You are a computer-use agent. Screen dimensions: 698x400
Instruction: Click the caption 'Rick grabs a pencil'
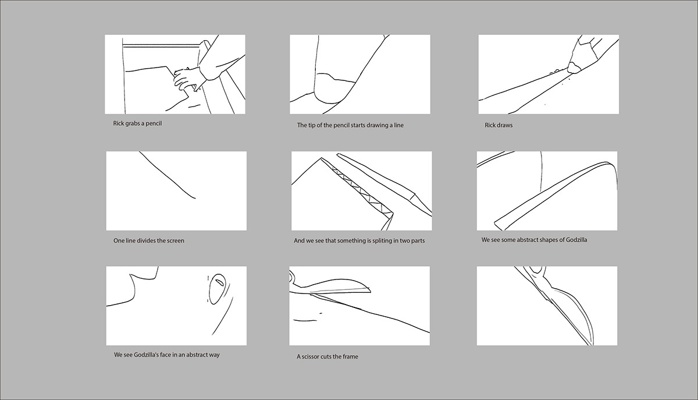[x=137, y=123]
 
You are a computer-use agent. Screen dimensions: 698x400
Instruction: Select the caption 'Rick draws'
[x=498, y=125]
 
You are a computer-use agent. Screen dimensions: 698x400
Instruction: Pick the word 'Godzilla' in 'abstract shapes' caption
[x=576, y=240]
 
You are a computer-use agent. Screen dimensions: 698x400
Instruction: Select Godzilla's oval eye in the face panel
[x=217, y=289]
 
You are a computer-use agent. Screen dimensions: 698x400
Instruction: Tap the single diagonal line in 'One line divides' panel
[x=168, y=175]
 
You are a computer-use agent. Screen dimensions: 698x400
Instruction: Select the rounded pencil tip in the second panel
[x=333, y=89]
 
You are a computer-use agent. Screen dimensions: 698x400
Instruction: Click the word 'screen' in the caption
[x=176, y=241]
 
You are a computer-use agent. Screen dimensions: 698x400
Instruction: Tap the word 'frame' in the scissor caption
[x=350, y=357]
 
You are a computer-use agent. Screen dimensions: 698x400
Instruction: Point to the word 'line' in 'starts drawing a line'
[x=399, y=125]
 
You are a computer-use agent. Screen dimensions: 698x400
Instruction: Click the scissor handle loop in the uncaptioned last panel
[x=536, y=270]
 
